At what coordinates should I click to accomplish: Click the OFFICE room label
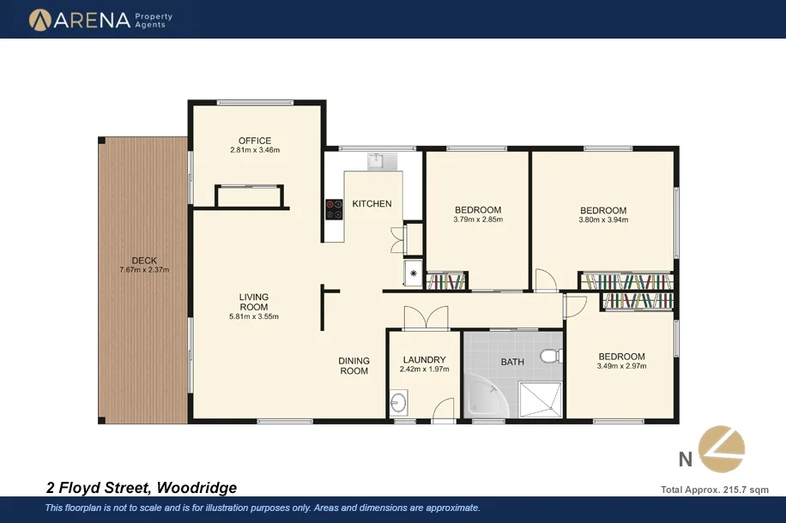pyautogui.click(x=255, y=141)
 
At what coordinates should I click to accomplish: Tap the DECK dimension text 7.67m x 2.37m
pyautogui.click(x=144, y=270)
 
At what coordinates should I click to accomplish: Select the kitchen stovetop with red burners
pyautogui.click(x=333, y=209)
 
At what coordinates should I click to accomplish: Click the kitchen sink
pyautogui.click(x=376, y=160)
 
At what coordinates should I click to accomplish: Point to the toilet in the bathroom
pyautogui.click(x=550, y=355)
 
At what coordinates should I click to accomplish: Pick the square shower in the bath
pyautogui.click(x=540, y=396)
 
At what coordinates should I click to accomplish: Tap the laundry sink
pyautogui.click(x=397, y=401)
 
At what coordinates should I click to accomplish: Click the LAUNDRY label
pyautogui.click(x=423, y=360)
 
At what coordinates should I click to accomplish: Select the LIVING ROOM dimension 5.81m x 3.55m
pyautogui.click(x=254, y=316)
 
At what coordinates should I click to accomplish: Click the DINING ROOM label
pyautogui.click(x=354, y=366)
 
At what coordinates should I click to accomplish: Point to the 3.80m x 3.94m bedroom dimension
pyautogui.click(x=603, y=219)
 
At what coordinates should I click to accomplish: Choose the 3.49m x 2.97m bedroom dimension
pyautogui.click(x=621, y=366)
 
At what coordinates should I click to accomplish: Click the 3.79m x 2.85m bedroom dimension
pyautogui.click(x=478, y=219)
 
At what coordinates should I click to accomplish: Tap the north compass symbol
pyautogui.click(x=721, y=448)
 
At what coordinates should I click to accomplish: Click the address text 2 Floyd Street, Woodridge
pyautogui.click(x=141, y=488)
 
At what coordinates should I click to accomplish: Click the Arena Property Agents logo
pyautogui.click(x=101, y=19)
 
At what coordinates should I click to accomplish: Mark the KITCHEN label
pyautogui.click(x=372, y=204)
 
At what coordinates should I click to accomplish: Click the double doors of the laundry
pyautogui.click(x=426, y=317)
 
